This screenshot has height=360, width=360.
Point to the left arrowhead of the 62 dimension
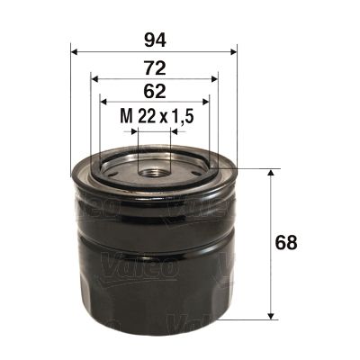pos(103,101)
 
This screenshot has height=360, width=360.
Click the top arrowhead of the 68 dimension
pos(271,172)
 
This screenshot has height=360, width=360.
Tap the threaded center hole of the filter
pos(153,166)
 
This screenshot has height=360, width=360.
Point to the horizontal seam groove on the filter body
pos(153,240)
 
